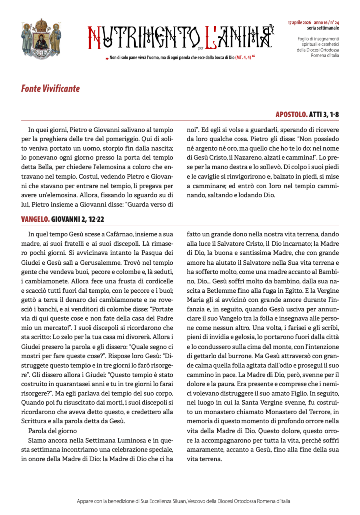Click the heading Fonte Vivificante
point(50,89)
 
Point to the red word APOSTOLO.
point(292,115)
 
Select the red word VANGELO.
point(35,219)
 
